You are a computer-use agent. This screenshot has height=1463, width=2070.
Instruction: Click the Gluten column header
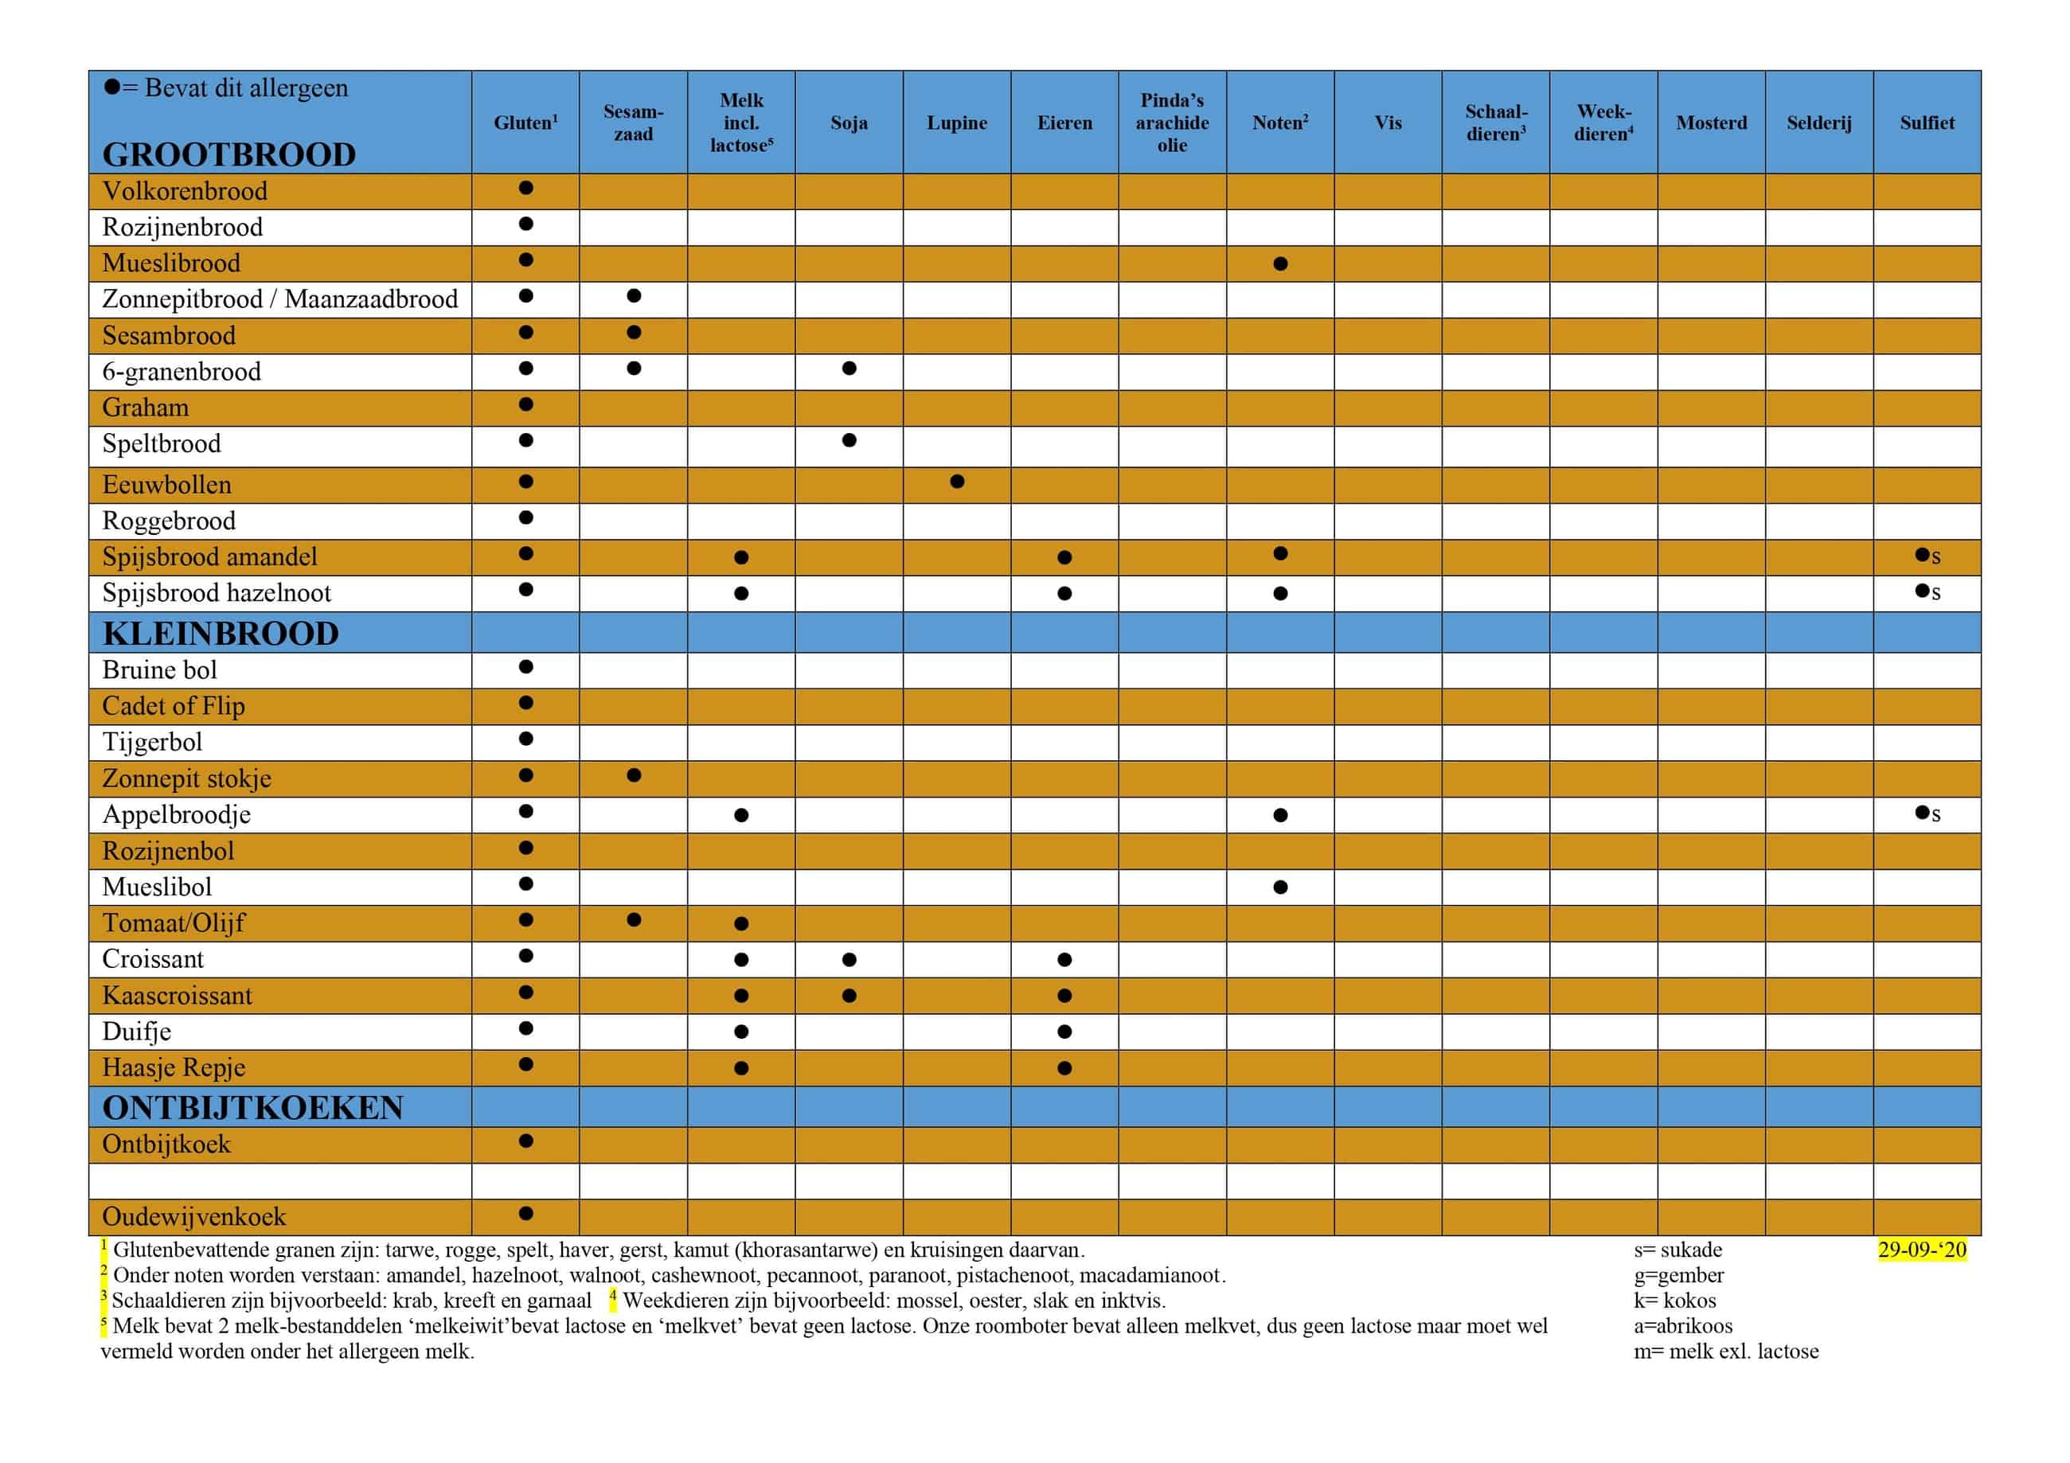[x=525, y=123]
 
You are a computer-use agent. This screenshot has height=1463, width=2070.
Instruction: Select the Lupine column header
[x=956, y=123]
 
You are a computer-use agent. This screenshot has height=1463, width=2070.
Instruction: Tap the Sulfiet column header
[x=1927, y=123]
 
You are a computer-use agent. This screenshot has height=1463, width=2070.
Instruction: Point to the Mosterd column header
[x=1711, y=123]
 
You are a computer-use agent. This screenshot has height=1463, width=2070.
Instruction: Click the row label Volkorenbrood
[x=185, y=191]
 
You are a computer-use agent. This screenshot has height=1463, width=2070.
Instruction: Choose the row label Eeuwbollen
[x=166, y=485]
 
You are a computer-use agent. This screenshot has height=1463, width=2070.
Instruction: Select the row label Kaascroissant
[x=177, y=995]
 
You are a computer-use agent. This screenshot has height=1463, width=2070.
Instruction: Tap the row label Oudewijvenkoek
[x=193, y=1217]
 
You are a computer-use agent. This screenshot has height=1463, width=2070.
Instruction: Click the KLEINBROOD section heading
[x=221, y=634]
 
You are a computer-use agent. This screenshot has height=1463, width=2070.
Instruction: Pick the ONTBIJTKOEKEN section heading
[x=252, y=1107]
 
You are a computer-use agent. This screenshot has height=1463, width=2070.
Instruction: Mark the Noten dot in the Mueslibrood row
[x=1280, y=264]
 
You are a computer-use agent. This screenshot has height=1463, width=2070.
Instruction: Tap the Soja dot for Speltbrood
[x=849, y=441]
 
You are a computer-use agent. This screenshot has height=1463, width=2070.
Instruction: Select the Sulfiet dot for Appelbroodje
[x=1922, y=812]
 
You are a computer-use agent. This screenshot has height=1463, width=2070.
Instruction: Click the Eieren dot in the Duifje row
[x=1064, y=1032]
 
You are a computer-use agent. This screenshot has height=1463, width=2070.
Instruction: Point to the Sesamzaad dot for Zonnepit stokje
[x=634, y=775]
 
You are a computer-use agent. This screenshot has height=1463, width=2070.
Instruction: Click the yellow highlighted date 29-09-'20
[x=1922, y=1250]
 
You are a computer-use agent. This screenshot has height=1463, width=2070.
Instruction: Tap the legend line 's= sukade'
[x=1677, y=1250]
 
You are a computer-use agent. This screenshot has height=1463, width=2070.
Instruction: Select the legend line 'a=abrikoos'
[x=1682, y=1325]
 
